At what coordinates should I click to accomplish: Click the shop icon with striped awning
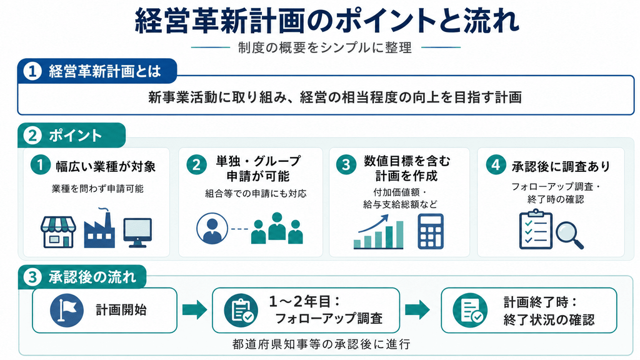(x=58, y=232)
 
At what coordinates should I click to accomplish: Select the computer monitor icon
(x=137, y=232)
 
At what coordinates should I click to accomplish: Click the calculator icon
(x=431, y=231)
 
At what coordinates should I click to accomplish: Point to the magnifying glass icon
(x=570, y=235)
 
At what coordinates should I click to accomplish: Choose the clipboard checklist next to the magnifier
(x=536, y=229)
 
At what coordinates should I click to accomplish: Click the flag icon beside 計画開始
(x=66, y=310)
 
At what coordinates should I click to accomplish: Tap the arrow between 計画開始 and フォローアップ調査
(x=195, y=310)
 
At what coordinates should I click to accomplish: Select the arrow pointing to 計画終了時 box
(x=417, y=310)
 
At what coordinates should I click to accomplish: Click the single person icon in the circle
(x=212, y=229)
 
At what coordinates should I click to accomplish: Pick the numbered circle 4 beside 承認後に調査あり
(x=496, y=165)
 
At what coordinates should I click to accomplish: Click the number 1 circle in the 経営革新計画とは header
(x=32, y=71)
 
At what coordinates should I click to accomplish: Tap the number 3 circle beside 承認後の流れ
(x=32, y=277)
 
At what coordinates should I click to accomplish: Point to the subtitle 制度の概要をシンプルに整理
(x=325, y=47)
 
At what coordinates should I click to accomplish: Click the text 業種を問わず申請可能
(x=97, y=189)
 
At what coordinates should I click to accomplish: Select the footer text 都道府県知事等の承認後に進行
(x=321, y=344)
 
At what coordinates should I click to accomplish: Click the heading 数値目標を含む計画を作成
(x=407, y=168)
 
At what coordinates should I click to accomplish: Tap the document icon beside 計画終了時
(x=470, y=310)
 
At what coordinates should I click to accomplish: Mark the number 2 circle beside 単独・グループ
(x=196, y=165)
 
